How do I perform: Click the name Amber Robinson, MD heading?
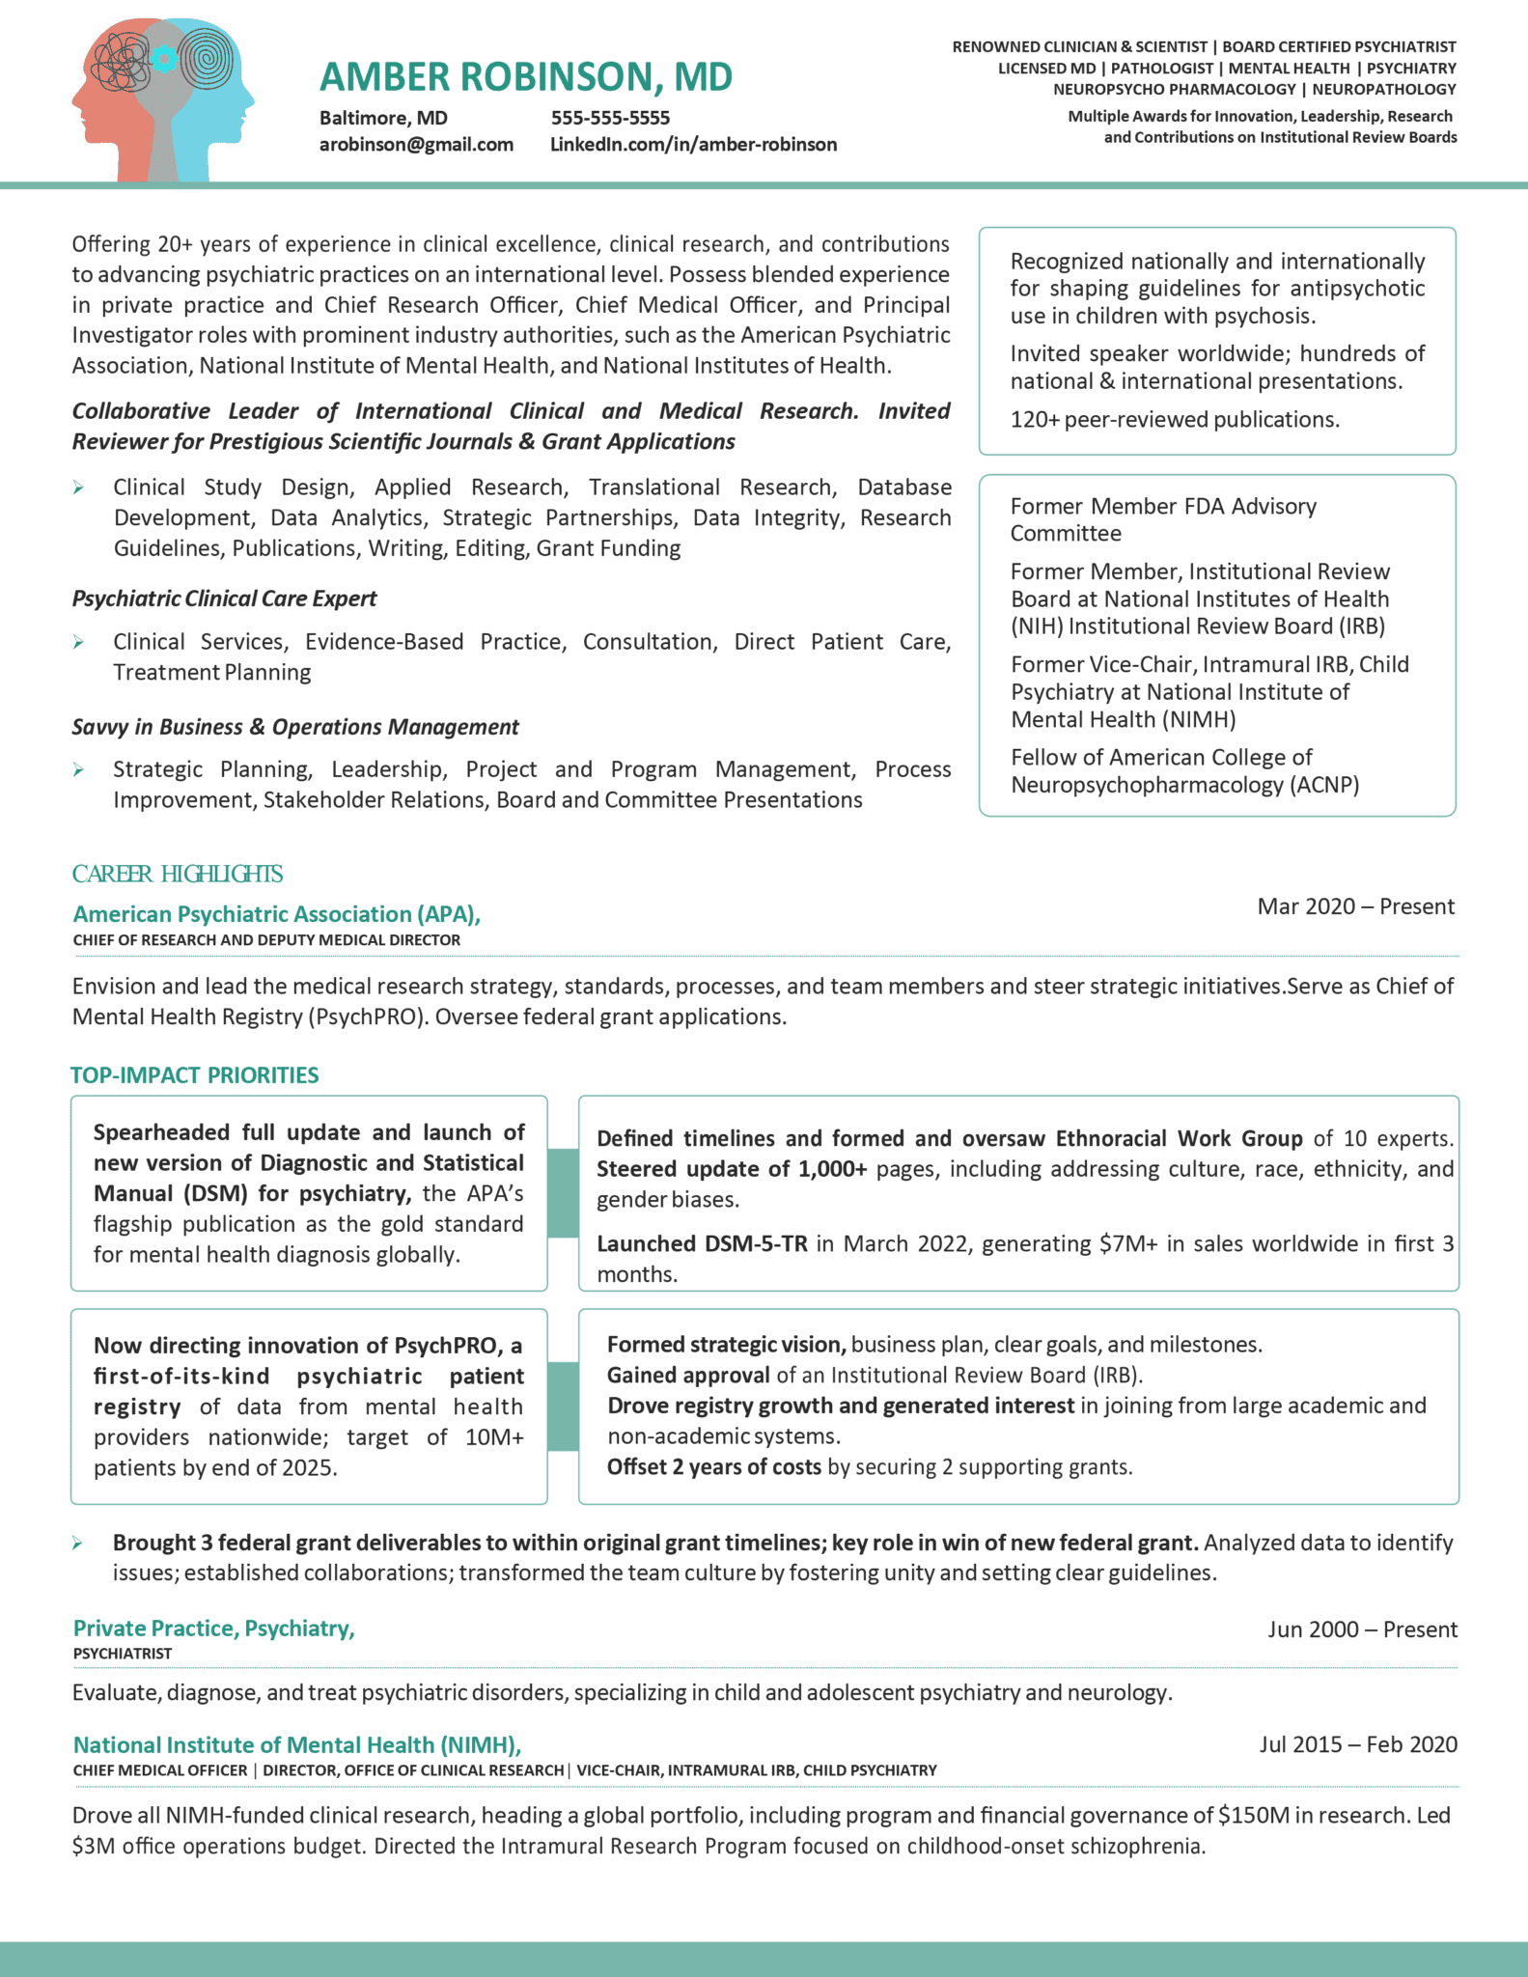(x=525, y=77)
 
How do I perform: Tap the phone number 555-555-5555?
(x=610, y=118)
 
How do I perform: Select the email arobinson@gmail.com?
(x=416, y=145)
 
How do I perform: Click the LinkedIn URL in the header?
(x=693, y=145)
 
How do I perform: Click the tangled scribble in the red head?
(x=120, y=60)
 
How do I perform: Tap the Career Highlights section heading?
(x=177, y=874)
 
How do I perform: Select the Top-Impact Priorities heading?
(x=194, y=1075)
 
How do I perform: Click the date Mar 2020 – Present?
(x=1355, y=906)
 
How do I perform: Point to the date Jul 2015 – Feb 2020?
(x=1357, y=1744)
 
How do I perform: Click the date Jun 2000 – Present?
(x=1361, y=1629)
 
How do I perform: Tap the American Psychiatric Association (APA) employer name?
(x=276, y=914)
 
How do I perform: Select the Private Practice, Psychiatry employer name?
(x=213, y=1629)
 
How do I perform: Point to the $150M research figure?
(x=1253, y=1815)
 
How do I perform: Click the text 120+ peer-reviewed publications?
(x=1175, y=420)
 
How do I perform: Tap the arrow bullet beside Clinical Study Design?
(x=78, y=487)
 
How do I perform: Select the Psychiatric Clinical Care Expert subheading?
(x=224, y=599)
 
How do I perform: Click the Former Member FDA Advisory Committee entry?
(x=1162, y=519)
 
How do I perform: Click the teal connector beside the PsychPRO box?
(x=563, y=1406)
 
